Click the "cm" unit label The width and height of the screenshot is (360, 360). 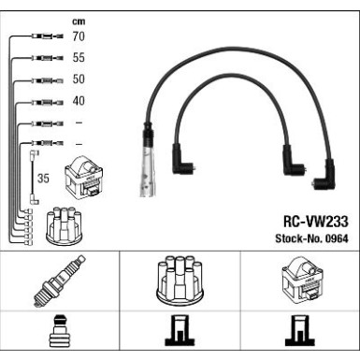click(78, 21)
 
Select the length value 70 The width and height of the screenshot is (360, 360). click(79, 37)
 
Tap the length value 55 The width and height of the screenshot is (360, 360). click(79, 58)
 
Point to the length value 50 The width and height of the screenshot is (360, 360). click(79, 79)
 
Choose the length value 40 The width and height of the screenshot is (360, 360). click(79, 101)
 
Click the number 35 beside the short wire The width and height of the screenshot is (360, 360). click(42, 176)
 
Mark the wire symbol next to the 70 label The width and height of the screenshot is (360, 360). click(47, 37)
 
